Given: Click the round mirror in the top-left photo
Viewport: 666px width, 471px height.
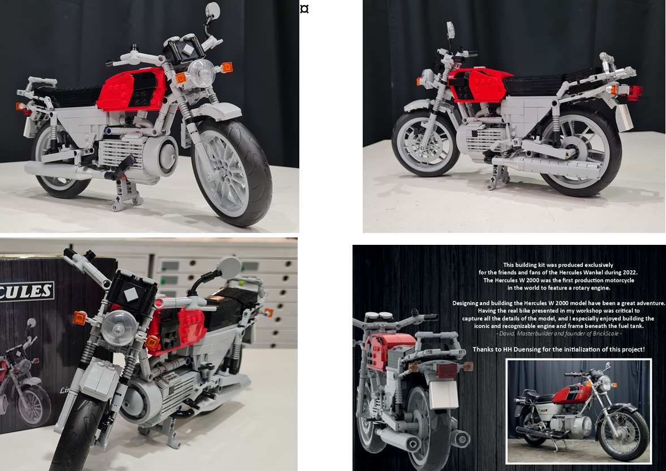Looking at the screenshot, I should tap(212, 10).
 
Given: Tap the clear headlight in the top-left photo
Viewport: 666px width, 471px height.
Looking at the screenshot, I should tap(200, 72).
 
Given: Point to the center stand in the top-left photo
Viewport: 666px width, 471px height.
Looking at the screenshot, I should tap(125, 189).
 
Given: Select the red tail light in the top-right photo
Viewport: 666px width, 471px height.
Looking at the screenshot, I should tap(634, 92).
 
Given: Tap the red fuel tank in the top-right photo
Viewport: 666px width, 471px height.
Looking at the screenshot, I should tap(475, 85).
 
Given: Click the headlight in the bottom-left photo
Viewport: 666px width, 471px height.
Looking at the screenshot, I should tap(119, 327).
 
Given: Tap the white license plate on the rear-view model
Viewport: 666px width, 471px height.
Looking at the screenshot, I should tap(443, 394).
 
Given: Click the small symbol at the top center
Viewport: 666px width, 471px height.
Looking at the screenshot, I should tap(304, 9).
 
